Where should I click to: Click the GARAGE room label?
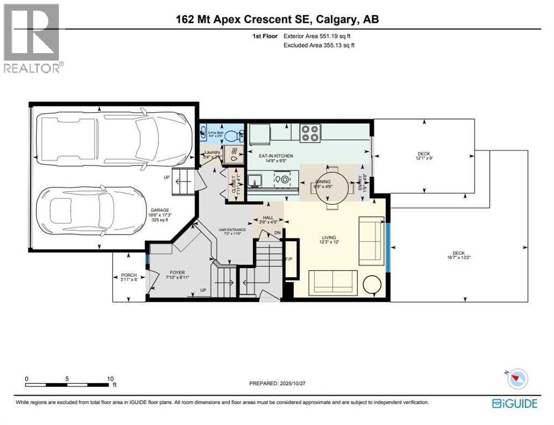(x=159, y=210)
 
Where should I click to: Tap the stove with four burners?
(x=310, y=133)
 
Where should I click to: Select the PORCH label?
(x=129, y=275)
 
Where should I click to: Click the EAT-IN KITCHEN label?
(x=276, y=156)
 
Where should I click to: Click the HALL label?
(x=268, y=219)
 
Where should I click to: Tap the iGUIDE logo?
(x=515, y=403)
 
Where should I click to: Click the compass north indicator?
(x=517, y=379)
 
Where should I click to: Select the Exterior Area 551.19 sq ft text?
(x=317, y=36)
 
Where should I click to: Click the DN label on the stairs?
(x=277, y=234)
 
